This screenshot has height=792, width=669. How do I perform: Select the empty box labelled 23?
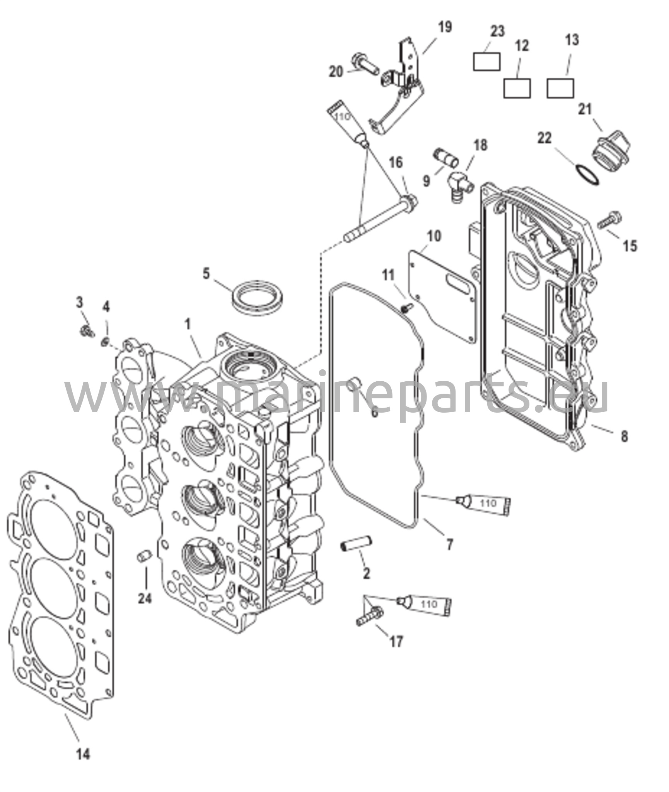(486, 61)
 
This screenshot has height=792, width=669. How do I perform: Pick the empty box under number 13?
(560, 88)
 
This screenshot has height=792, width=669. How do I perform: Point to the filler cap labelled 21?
(611, 154)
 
